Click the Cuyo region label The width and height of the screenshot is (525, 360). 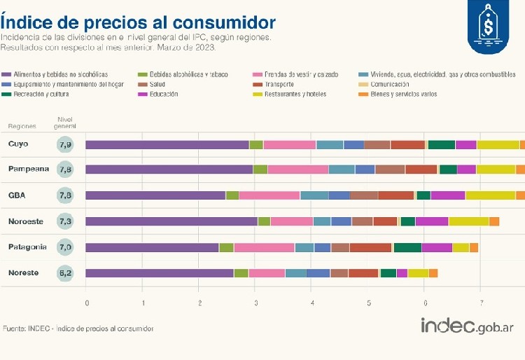click(18, 144)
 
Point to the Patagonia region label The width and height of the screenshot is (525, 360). click(27, 247)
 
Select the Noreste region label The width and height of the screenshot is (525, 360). click(23, 272)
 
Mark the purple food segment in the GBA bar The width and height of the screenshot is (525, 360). click(155, 195)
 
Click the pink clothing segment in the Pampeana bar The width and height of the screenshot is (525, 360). click(297, 169)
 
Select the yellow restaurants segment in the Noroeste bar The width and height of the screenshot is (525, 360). click(468, 221)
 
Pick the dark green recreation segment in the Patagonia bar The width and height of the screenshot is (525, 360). click(407, 247)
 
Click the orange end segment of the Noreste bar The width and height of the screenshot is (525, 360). click(433, 273)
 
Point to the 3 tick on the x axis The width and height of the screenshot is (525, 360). click(255, 303)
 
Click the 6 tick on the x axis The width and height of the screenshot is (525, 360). click(425, 303)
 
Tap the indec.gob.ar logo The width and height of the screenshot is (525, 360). click(467, 326)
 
